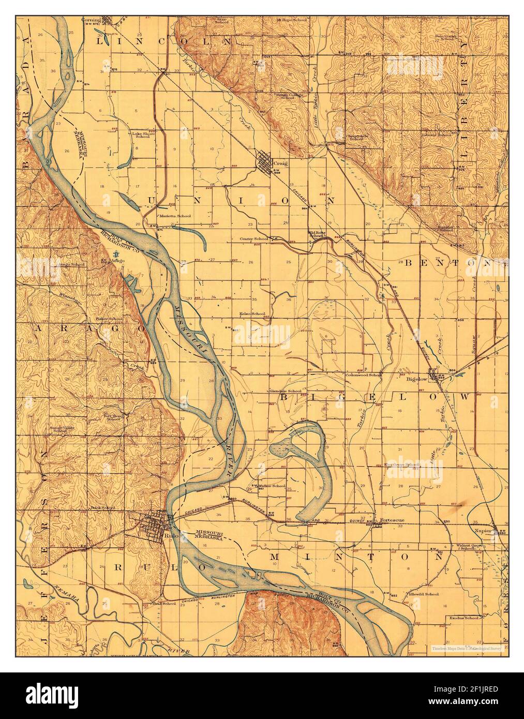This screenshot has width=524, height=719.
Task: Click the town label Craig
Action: (281, 163)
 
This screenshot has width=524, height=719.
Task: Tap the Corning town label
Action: (91, 21)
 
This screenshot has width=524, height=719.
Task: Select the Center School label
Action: (253, 239)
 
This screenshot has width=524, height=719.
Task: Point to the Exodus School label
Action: (463, 618)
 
